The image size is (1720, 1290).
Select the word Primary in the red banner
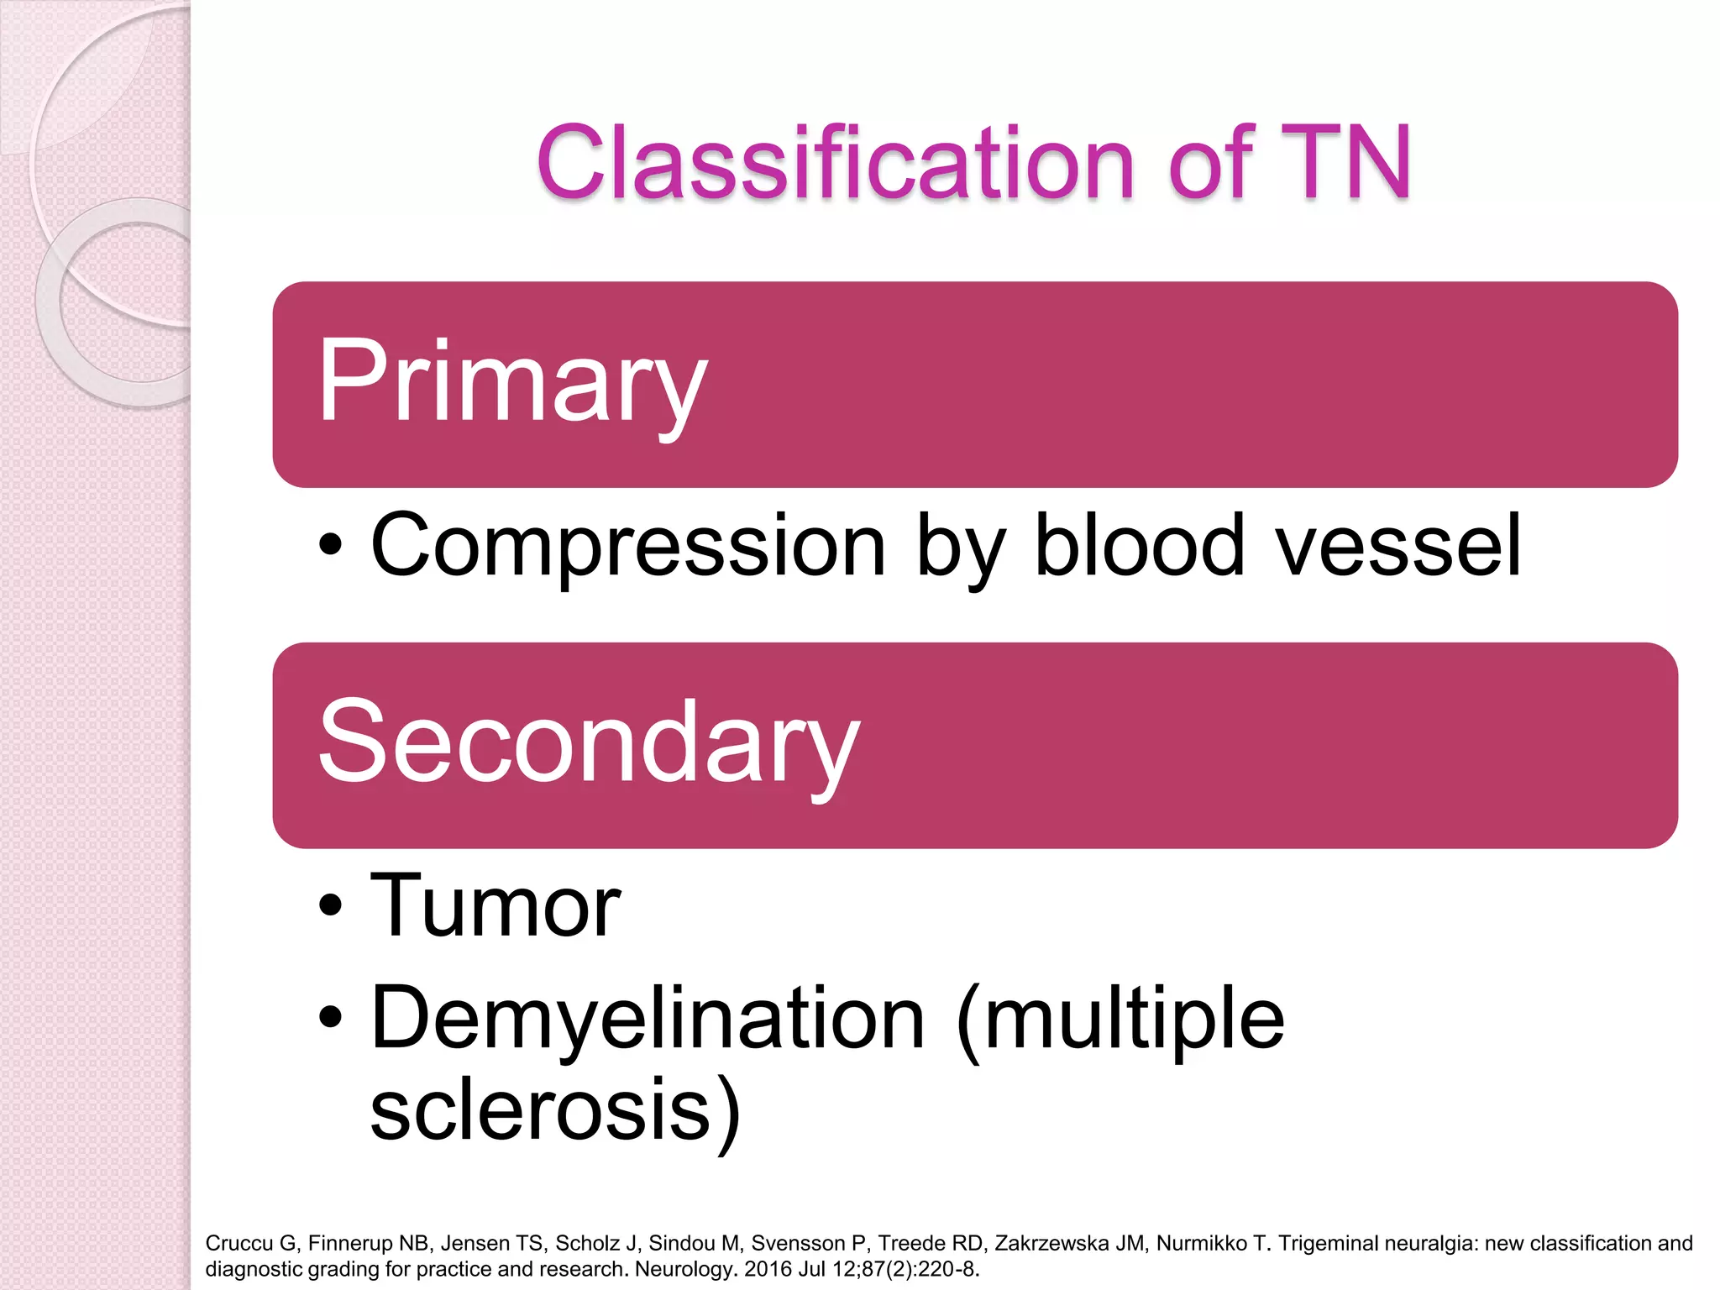click(512, 382)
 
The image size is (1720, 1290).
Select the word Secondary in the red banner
click(588, 743)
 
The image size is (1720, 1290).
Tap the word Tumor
click(496, 907)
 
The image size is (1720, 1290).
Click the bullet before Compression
click(331, 545)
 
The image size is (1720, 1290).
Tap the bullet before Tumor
click(331, 906)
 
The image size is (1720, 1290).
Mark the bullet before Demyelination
click(331, 1018)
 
